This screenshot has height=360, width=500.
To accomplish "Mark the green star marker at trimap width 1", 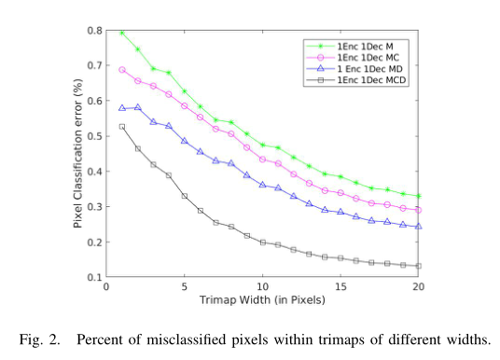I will [x=122, y=33].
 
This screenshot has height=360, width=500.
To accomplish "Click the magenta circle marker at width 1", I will [x=122, y=69].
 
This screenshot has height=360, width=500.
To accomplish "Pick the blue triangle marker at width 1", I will [x=122, y=107].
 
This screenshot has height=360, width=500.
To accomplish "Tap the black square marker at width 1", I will [x=122, y=126].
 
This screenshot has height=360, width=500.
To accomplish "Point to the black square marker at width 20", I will [x=418, y=266].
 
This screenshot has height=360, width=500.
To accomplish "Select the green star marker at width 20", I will [x=418, y=196].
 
